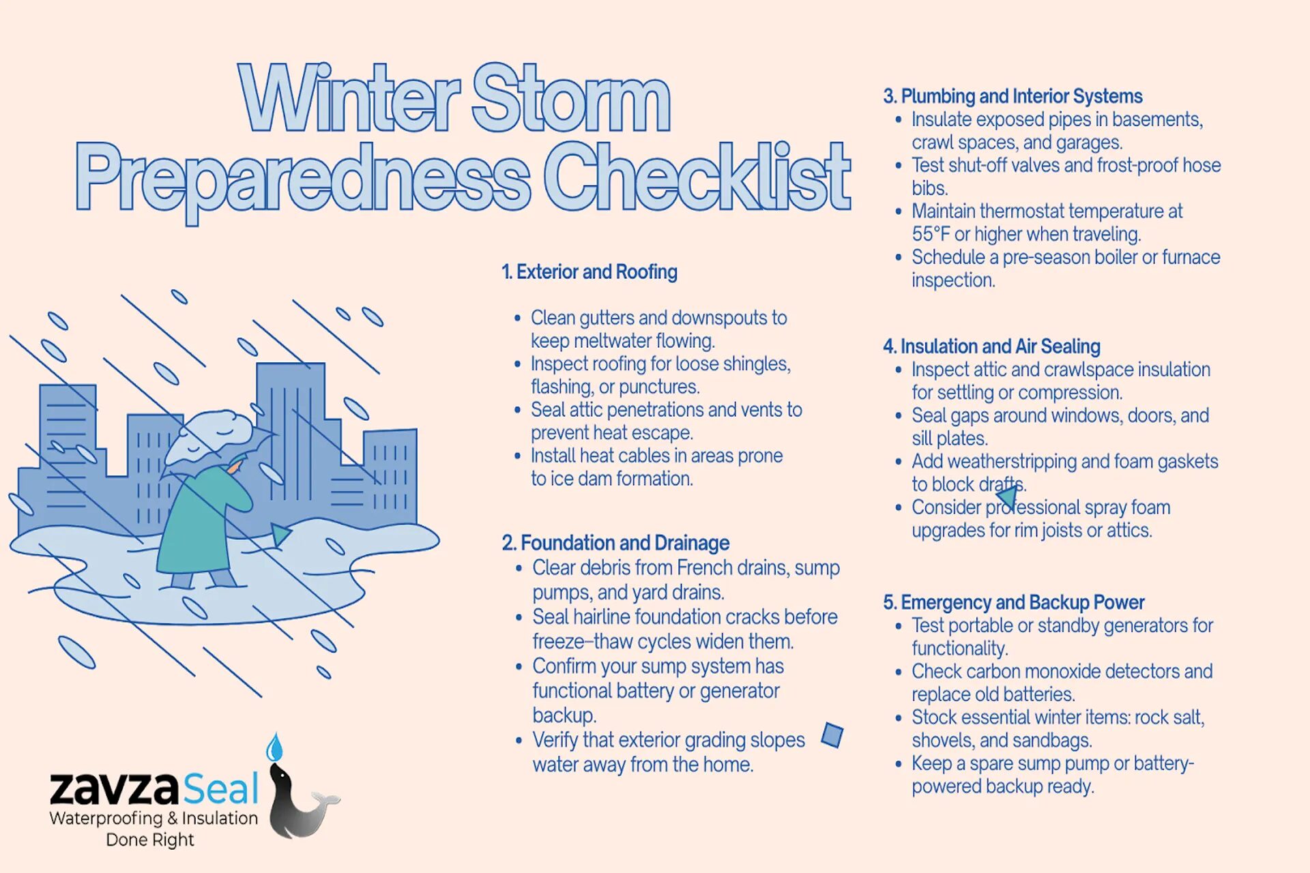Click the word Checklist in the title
(697, 179)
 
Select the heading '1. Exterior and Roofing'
(589, 272)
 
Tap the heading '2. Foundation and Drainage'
(615, 543)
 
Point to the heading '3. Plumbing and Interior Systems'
(1013, 96)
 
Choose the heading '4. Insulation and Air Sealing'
(991, 346)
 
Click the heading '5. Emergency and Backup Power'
(1013, 602)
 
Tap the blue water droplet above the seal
(274, 748)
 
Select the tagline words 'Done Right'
(150, 840)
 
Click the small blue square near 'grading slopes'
(832, 735)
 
